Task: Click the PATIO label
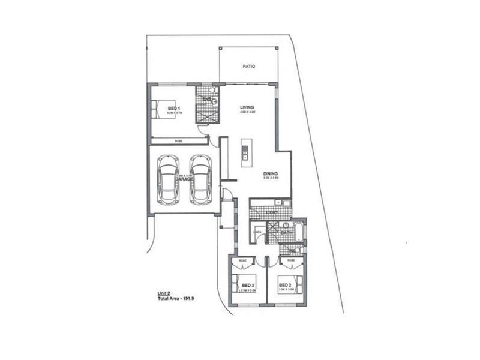[x=248, y=67]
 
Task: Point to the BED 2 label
[x=285, y=286]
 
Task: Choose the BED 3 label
[x=248, y=286]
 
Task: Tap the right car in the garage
[x=201, y=179]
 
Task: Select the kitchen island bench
[x=245, y=153]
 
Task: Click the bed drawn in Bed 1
[x=163, y=109]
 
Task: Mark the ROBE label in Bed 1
[x=179, y=141]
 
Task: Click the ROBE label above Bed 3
[x=242, y=260]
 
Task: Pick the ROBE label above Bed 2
[x=291, y=260]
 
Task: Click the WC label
[x=292, y=250]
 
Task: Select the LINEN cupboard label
[x=257, y=232]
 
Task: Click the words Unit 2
[x=164, y=293]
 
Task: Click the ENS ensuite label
[x=206, y=99]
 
